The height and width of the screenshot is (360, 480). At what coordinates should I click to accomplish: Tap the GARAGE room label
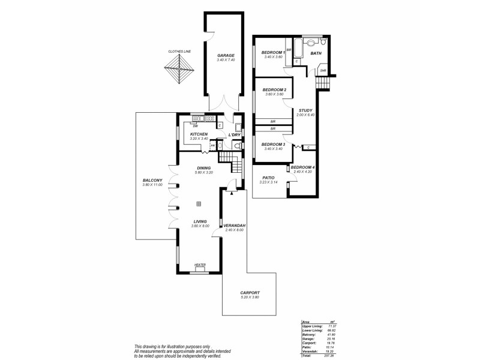226,56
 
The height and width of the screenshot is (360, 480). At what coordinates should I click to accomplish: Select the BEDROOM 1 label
273,53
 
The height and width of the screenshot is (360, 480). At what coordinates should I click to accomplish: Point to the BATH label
316,53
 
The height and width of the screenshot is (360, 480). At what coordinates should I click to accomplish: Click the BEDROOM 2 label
274,90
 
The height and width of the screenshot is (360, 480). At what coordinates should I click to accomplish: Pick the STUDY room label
305,110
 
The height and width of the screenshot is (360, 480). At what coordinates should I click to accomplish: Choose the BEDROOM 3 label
274,144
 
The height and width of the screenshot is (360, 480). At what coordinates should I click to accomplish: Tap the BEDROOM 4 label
301,167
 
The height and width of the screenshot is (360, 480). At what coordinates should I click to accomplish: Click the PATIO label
267,177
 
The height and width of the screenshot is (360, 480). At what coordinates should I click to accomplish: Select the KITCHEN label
199,134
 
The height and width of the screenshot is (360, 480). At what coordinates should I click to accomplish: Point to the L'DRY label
235,134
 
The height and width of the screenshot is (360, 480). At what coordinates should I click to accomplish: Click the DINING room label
204,168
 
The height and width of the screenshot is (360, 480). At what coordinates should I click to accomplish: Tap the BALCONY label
152,181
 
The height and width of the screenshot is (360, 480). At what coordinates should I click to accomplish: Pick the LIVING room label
200,221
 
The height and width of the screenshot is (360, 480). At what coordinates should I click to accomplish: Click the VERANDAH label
236,226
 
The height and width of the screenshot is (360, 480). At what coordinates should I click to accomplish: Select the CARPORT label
250,293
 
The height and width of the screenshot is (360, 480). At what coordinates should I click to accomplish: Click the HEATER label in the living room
200,265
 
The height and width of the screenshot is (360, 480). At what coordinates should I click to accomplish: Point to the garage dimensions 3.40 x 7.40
226,60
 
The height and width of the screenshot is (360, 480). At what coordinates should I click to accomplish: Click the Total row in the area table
317,356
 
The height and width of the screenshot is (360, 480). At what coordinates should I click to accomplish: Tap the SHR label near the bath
323,71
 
